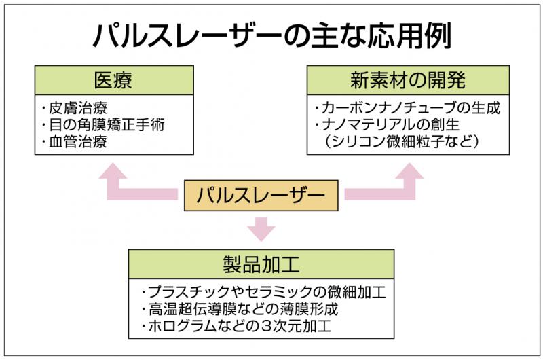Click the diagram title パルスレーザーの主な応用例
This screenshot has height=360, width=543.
[x=272, y=36]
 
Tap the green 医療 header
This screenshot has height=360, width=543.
[x=114, y=80]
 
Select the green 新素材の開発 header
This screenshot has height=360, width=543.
[x=408, y=80]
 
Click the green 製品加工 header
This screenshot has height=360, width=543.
[x=261, y=264]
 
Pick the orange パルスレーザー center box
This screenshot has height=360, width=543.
[x=261, y=196]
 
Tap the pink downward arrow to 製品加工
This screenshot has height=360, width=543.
[x=261, y=230]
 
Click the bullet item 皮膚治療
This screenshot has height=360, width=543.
[x=75, y=108]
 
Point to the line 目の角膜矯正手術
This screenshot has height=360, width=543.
[x=103, y=125]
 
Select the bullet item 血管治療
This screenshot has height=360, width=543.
[x=75, y=142]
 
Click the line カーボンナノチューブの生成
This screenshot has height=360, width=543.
[x=408, y=108]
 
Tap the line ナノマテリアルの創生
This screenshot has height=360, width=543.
[x=387, y=125]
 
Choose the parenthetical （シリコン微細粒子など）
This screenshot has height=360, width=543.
[x=402, y=142]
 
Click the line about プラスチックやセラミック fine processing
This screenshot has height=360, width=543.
[x=263, y=293]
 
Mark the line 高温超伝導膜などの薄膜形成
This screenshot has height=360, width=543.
[x=240, y=309]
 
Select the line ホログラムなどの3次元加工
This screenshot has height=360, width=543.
[x=236, y=326]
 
